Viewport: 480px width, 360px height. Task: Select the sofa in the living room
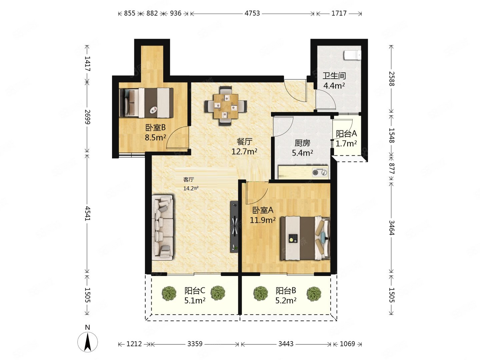click(x=163, y=227)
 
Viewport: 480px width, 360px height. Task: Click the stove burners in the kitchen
click(x=320, y=172)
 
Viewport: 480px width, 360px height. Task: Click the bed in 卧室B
click(x=146, y=103)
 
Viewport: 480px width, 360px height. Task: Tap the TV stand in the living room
click(x=234, y=227)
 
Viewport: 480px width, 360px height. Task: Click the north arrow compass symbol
click(x=88, y=341)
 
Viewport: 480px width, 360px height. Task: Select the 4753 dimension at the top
click(x=252, y=13)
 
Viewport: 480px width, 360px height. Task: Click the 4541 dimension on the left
click(x=87, y=213)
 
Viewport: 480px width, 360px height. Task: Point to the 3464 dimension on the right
click(x=391, y=227)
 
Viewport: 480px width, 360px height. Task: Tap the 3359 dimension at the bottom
click(x=195, y=344)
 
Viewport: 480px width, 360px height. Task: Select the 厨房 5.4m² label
click(x=302, y=148)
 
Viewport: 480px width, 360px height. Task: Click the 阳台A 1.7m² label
click(x=346, y=139)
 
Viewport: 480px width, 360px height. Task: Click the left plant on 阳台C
click(x=169, y=293)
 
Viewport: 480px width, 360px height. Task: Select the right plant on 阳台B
click(x=314, y=294)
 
